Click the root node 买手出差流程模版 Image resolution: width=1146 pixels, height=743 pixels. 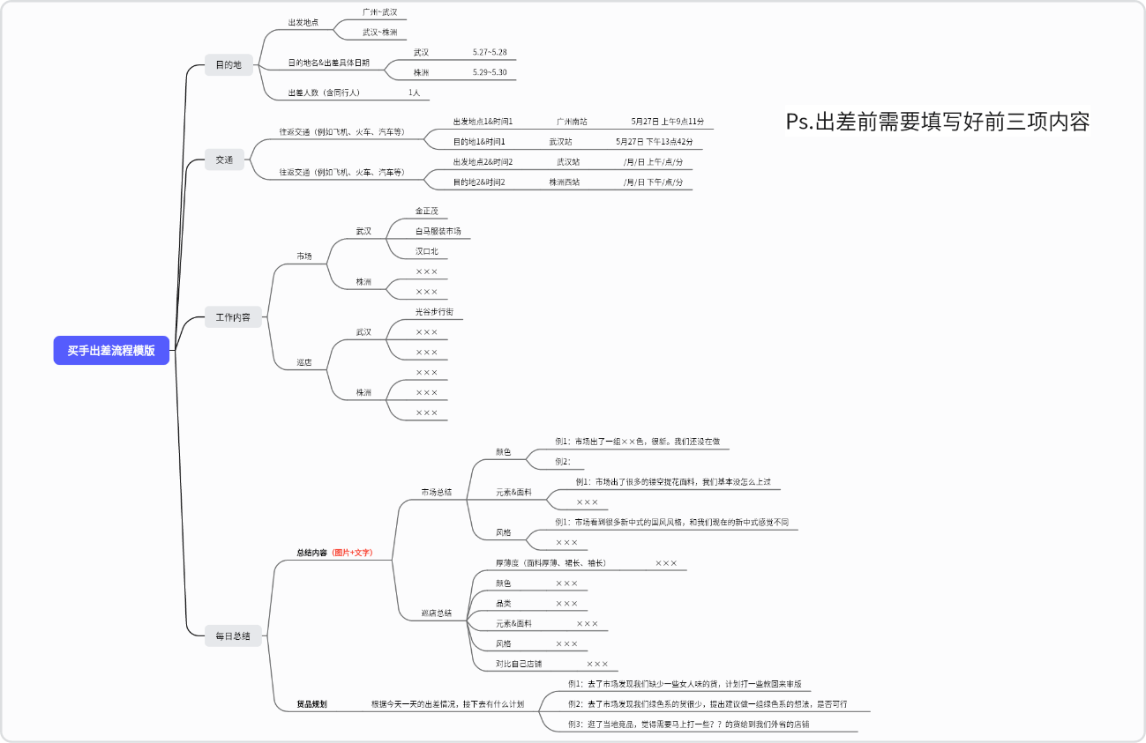pos(111,350)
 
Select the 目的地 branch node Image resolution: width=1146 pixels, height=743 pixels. pos(228,64)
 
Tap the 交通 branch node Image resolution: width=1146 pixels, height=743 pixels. pos(224,160)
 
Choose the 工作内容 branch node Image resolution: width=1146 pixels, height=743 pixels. pos(233,317)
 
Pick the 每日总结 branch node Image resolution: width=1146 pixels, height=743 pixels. pos(233,635)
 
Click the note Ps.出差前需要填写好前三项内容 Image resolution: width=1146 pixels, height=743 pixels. pos(937,122)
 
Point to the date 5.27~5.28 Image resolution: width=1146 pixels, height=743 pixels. pos(490,52)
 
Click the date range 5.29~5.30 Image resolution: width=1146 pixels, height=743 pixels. pos(490,72)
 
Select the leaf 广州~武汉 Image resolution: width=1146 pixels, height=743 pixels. pos(380,12)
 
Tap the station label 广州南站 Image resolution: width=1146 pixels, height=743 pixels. pos(572,121)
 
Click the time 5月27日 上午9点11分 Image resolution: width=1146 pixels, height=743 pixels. pos(667,121)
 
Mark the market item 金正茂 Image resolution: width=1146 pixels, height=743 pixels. pos(426,212)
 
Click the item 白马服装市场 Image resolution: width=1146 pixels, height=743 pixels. pos(438,231)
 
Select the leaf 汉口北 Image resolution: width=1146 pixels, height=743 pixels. pos(426,251)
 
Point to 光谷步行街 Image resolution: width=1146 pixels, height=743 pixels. pos(434,312)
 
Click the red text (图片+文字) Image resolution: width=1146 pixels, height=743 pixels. pos(352,553)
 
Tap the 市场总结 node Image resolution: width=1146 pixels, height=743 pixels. pos(436,492)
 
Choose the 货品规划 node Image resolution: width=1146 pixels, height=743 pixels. pos(311,704)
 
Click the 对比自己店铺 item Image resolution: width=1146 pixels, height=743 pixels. pos(519,664)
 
